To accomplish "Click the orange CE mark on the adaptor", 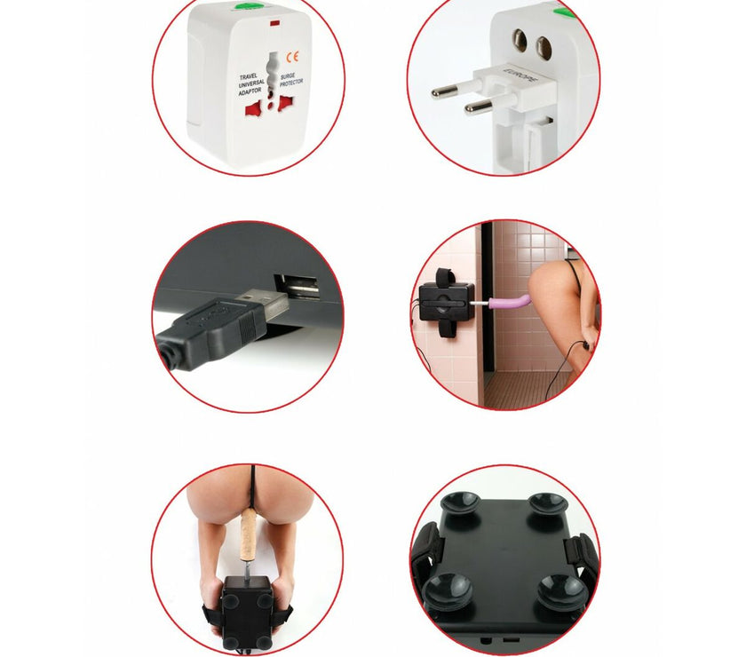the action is (x=292, y=57).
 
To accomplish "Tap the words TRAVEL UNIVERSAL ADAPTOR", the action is (x=251, y=84).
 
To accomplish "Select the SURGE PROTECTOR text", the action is (x=290, y=79).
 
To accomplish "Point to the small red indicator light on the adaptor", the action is (x=274, y=23).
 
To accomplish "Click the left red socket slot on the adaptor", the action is (x=253, y=110).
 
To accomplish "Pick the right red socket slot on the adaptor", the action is (x=286, y=103).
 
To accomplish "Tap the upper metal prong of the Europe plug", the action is (x=455, y=89).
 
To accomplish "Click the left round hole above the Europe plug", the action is (x=520, y=41).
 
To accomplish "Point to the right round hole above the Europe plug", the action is (x=544, y=49).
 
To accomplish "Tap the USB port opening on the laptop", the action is (x=296, y=288).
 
